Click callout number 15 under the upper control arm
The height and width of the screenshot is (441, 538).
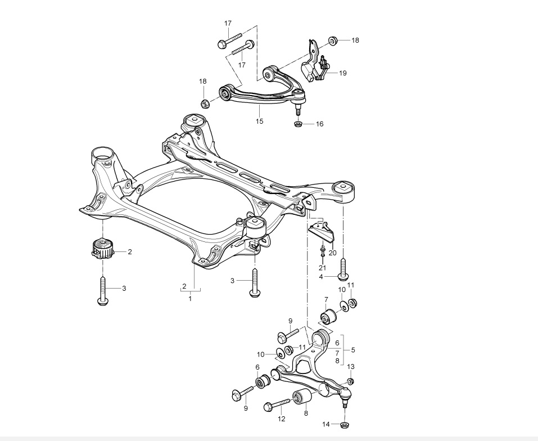click(x=259, y=121)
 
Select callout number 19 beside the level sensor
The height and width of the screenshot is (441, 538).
click(x=342, y=73)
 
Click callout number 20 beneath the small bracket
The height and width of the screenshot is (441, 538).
click(x=332, y=253)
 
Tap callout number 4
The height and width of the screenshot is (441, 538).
click(x=321, y=277)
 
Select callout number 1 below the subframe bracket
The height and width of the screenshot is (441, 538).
click(x=190, y=299)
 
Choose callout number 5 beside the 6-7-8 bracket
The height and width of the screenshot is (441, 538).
click(x=353, y=350)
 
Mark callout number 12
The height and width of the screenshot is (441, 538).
click(x=281, y=418)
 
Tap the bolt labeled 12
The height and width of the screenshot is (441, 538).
click(x=277, y=404)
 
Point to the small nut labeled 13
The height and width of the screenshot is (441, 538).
click(x=350, y=381)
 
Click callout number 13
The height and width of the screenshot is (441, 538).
click(x=350, y=367)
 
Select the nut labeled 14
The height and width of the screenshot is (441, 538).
click(x=344, y=425)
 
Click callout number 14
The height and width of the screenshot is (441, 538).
click(x=325, y=425)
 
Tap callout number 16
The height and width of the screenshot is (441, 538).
click(x=319, y=124)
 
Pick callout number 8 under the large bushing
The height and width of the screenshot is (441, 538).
click(x=306, y=413)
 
